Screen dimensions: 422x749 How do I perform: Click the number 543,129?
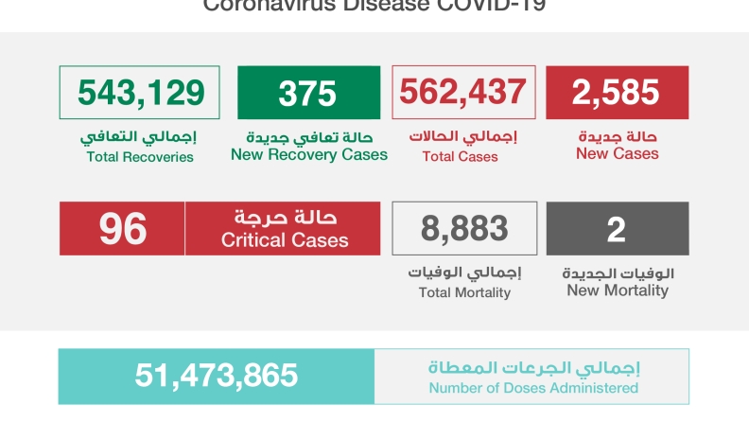click(x=140, y=93)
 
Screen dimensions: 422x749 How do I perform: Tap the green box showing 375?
click(x=308, y=93)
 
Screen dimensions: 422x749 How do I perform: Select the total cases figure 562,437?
click(x=463, y=92)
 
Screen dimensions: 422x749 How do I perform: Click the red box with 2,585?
click(x=617, y=93)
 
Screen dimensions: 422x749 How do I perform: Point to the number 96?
click(x=122, y=228)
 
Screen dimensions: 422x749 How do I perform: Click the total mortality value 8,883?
click(x=464, y=228)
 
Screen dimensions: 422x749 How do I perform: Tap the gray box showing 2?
click(x=617, y=229)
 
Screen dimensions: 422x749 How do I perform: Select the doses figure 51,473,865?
click(x=217, y=376)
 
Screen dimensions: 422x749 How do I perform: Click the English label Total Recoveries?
click(x=140, y=157)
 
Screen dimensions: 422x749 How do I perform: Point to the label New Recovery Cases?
click(x=309, y=154)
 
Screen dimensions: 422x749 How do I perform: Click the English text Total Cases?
click(x=463, y=157)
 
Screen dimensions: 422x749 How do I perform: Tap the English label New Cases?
click(x=618, y=154)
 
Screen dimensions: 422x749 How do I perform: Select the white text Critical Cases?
click(x=285, y=241)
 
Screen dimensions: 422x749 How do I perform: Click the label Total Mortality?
click(x=464, y=293)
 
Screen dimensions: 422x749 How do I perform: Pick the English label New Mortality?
click(x=618, y=290)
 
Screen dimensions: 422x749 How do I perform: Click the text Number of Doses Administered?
click(x=533, y=388)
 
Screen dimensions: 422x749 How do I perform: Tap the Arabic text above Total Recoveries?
click(x=140, y=137)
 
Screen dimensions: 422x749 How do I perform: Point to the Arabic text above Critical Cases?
click(x=285, y=217)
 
